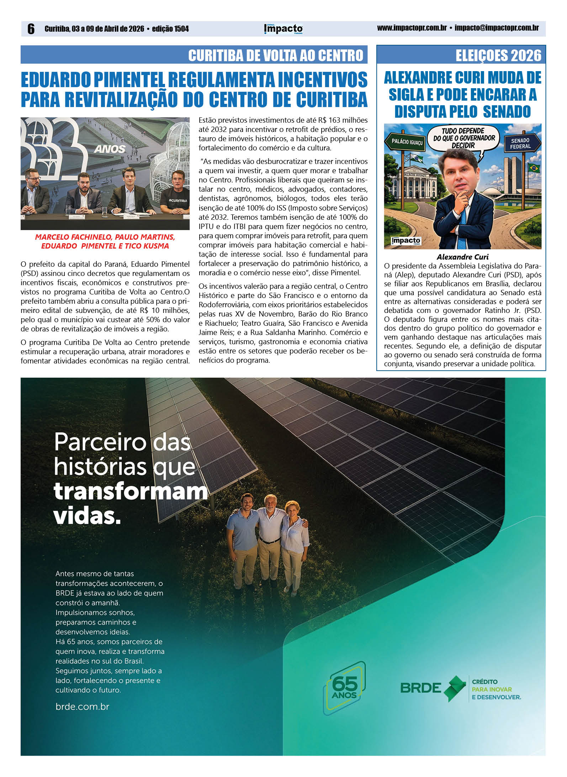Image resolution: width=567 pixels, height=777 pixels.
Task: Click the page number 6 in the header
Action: [x=31, y=29]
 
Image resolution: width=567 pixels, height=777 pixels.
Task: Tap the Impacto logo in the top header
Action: [x=283, y=29]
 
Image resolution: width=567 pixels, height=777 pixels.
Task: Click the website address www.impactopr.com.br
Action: [x=412, y=28]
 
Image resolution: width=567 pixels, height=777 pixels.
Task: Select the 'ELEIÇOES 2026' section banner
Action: [x=498, y=55]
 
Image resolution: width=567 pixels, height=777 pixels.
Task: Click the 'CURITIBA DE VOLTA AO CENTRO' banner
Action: [x=275, y=55]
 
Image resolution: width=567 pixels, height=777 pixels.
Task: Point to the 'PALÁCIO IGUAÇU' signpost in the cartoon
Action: [x=407, y=142]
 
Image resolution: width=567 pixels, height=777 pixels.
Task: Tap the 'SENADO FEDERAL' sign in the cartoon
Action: [x=520, y=143]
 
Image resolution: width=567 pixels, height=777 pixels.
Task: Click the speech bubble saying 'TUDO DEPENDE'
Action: [x=463, y=138]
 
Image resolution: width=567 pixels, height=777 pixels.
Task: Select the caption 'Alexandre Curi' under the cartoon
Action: [x=462, y=257]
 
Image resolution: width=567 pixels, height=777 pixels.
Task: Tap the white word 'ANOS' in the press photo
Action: [x=110, y=149]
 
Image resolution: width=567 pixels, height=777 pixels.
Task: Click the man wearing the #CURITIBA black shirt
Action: [x=177, y=194]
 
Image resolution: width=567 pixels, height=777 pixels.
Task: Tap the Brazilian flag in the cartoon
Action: [x=533, y=167]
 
